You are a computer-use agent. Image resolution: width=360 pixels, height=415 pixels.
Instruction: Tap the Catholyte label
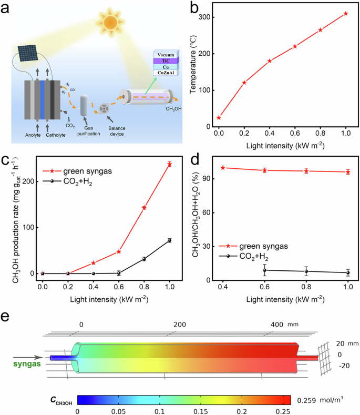[x=57, y=134]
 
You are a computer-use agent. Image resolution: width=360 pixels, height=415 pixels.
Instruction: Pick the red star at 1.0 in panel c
[x=169, y=164]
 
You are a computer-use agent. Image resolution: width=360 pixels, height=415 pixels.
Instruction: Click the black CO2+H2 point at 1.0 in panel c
[x=169, y=240]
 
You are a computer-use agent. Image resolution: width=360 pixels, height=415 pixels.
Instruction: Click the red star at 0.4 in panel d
[x=223, y=168]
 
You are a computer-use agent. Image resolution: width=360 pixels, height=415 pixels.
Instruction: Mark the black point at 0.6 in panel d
[x=265, y=270]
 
